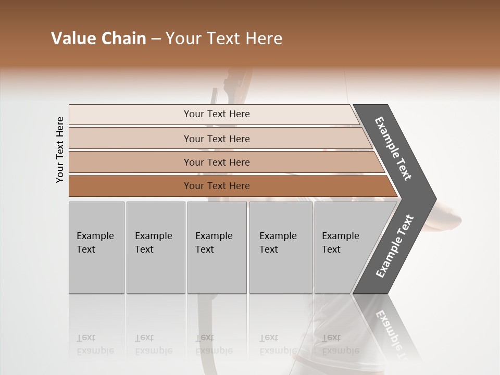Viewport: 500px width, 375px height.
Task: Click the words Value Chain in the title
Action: click(x=98, y=39)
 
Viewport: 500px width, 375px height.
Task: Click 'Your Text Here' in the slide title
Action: click(x=224, y=39)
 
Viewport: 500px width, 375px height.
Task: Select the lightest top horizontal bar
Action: click(x=130, y=114)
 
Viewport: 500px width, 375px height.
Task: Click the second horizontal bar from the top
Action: click(x=130, y=139)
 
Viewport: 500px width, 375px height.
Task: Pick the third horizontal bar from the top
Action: click(x=130, y=162)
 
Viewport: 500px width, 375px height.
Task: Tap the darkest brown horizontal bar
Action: click(x=130, y=186)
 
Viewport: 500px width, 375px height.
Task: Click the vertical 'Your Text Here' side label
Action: click(x=60, y=149)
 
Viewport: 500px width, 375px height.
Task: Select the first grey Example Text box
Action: click(x=96, y=247)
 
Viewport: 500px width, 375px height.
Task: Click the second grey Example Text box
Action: click(x=155, y=247)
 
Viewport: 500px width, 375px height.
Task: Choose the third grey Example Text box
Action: click(x=217, y=247)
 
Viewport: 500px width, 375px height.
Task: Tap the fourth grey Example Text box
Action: click(x=281, y=247)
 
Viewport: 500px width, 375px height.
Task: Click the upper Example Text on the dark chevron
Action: click(x=393, y=148)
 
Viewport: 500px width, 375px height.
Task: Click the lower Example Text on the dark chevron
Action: click(x=394, y=246)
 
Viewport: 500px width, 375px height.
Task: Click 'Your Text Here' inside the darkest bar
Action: click(x=217, y=186)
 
